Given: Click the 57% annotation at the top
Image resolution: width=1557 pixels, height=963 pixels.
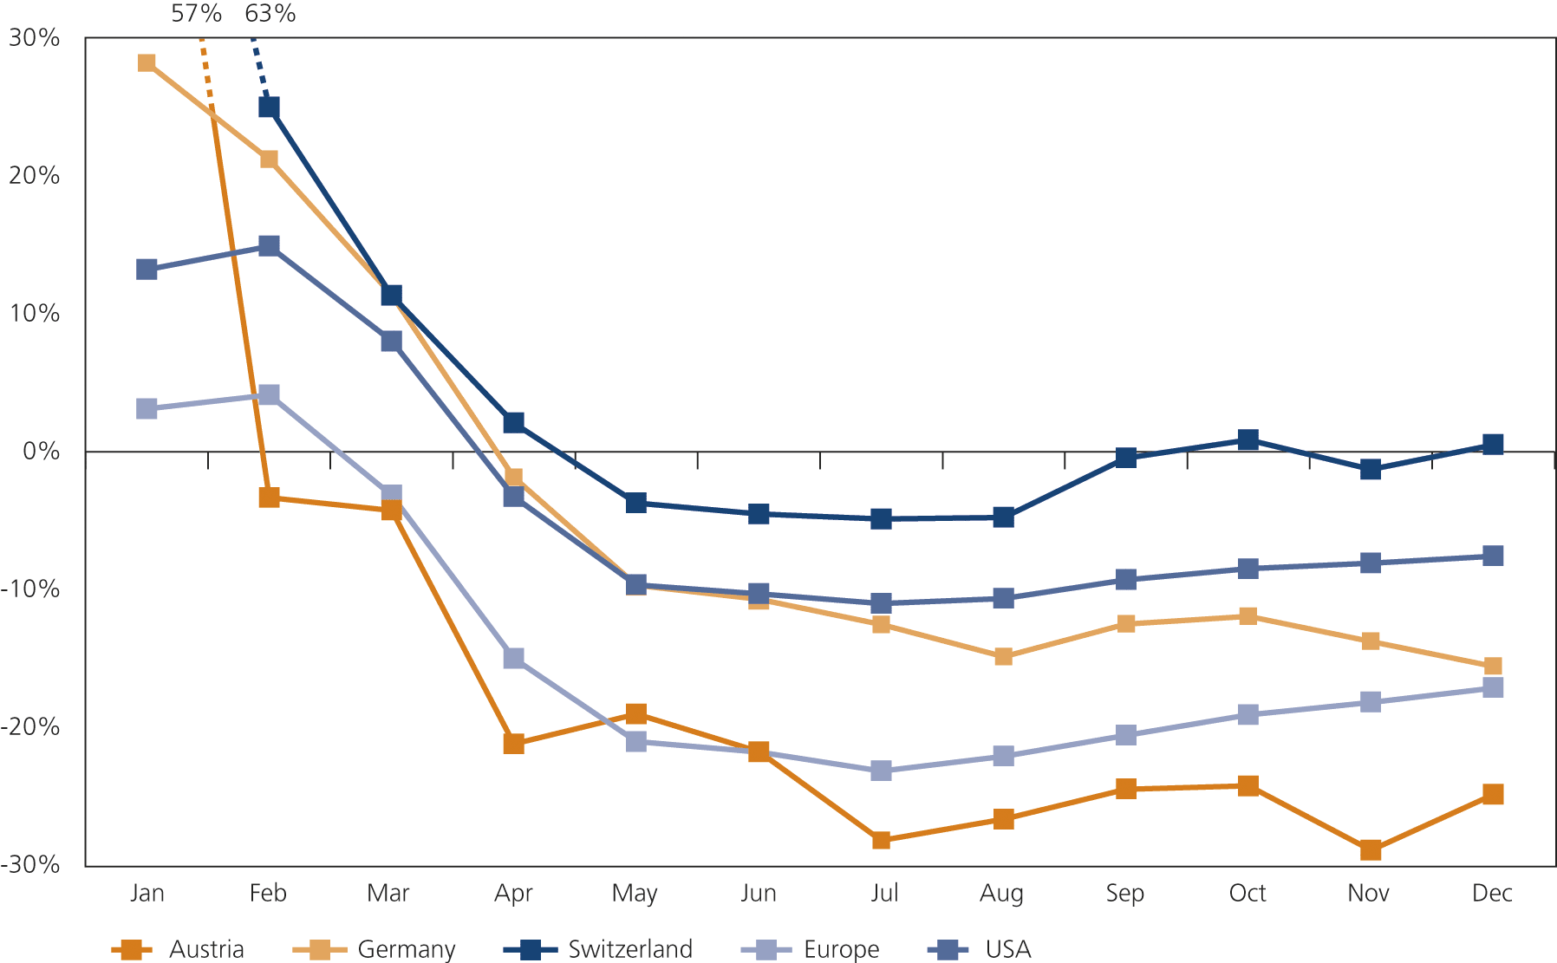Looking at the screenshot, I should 196,13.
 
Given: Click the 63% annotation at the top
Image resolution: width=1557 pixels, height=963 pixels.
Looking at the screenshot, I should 270,13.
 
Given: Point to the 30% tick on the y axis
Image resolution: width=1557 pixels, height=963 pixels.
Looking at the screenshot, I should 34,38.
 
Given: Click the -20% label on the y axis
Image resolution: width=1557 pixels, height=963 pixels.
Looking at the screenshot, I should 30,726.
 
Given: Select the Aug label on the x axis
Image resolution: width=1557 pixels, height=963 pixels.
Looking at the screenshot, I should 1001,893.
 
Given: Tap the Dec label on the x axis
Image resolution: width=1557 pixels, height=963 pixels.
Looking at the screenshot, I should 1491,893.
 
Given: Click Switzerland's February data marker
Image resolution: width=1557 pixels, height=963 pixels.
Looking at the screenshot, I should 269,107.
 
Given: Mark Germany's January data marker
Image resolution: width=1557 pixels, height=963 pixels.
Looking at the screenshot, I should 147,63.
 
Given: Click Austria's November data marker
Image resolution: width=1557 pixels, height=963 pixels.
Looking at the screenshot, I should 1370,849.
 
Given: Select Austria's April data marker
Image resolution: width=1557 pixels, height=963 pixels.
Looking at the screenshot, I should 513,744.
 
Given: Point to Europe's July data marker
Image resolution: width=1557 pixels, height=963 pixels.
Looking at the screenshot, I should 881,771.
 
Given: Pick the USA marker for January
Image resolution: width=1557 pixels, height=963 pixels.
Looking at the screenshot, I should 147,270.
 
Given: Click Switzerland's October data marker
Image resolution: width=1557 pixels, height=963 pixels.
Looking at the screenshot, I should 1248,439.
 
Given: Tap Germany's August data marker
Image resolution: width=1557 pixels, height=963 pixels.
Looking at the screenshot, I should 1003,656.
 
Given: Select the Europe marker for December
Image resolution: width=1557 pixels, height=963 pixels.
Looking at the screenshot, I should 1492,687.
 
